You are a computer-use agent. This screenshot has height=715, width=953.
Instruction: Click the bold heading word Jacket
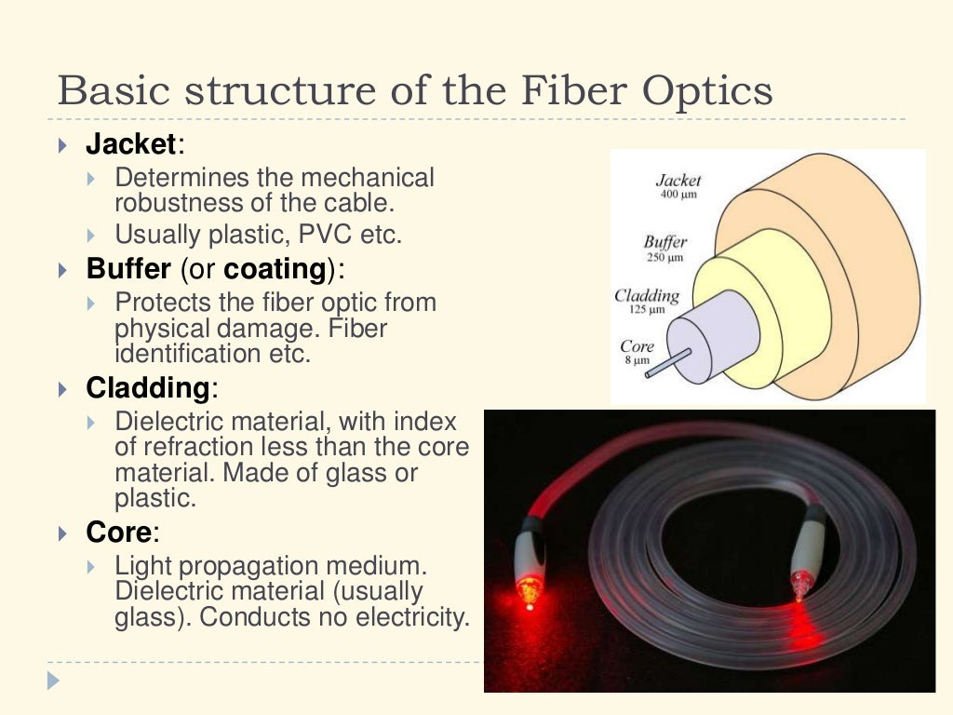pos(130,144)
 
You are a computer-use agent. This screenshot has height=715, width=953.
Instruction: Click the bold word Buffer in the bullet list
pos(128,269)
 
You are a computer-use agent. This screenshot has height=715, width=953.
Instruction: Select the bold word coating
pos(275,269)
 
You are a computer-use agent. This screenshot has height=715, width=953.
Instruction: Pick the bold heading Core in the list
pos(118,533)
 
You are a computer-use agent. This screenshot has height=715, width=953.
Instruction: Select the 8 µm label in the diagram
pos(637,360)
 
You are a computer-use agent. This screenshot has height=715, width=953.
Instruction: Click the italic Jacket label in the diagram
pos(678,181)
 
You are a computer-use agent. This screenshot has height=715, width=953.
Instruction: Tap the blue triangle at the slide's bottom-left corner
pos(53,681)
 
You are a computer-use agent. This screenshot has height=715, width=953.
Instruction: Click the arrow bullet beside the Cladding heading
pos(62,387)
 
